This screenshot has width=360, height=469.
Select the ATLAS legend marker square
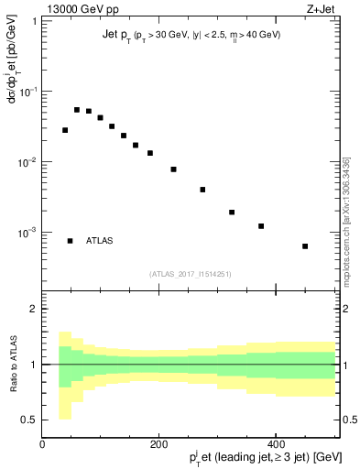(70, 241)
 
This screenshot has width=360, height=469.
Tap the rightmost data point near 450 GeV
(305, 246)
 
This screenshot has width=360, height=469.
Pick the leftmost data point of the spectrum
(65, 130)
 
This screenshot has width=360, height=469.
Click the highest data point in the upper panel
(77, 110)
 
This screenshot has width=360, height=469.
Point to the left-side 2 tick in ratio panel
(33, 309)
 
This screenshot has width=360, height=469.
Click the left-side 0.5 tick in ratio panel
(29, 420)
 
